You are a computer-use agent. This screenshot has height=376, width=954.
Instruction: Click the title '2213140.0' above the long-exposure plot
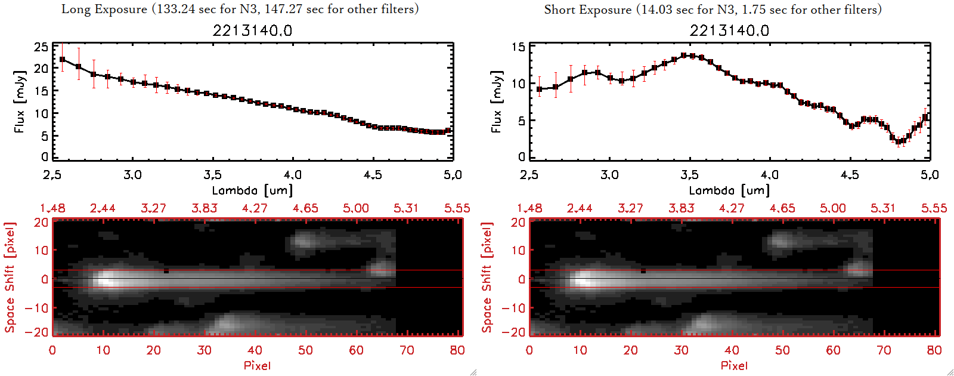pyautogui.click(x=252, y=30)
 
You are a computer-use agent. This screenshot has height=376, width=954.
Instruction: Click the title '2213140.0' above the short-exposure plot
pyautogui.click(x=729, y=30)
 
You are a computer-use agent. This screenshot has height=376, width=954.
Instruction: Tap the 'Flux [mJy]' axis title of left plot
pyautogui.click(x=20, y=101)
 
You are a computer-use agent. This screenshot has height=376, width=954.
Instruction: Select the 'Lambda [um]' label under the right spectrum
pyautogui.click(x=729, y=190)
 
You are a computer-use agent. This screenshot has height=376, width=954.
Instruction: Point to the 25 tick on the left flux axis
pyautogui.click(x=41, y=47)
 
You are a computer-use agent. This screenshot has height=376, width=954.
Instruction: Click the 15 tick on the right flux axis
pyautogui.click(x=518, y=47)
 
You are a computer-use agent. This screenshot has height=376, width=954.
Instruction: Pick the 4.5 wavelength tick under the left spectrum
pyautogui.click(x=373, y=175)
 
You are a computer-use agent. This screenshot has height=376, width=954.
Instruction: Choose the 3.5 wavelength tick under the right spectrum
pyautogui.click(x=689, y=175)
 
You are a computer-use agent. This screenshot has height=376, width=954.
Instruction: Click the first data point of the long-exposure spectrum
pyautogui.click(x=63, y=60)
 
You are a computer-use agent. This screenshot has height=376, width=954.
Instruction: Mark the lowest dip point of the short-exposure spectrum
pyautogui.click(x=899, y=142)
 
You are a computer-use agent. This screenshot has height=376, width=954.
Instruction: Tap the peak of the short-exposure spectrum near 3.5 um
pyautogui.click(x=684, y=56)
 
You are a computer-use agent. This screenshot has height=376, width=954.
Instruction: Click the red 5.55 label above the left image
pyautogui.click(x=457, y=208)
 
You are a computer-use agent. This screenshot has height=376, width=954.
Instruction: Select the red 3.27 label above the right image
pyautogui.click(x=630, y=208)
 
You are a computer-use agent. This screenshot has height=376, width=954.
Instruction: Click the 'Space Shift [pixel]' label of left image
pyautogui.click(x=10, y=278)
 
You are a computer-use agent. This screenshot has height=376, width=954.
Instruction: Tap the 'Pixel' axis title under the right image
pyautogui.click(x=734, y=365)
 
